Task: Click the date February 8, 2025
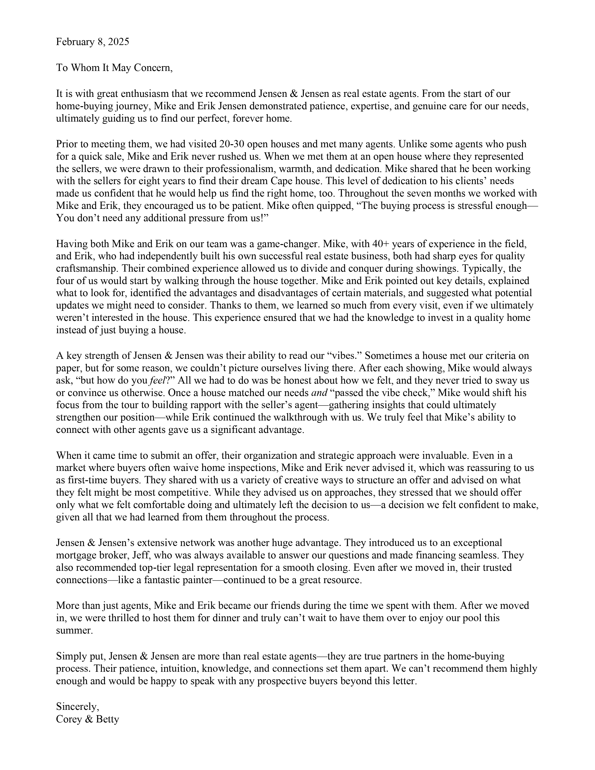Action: click(92, 42)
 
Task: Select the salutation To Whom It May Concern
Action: click(114, 68)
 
